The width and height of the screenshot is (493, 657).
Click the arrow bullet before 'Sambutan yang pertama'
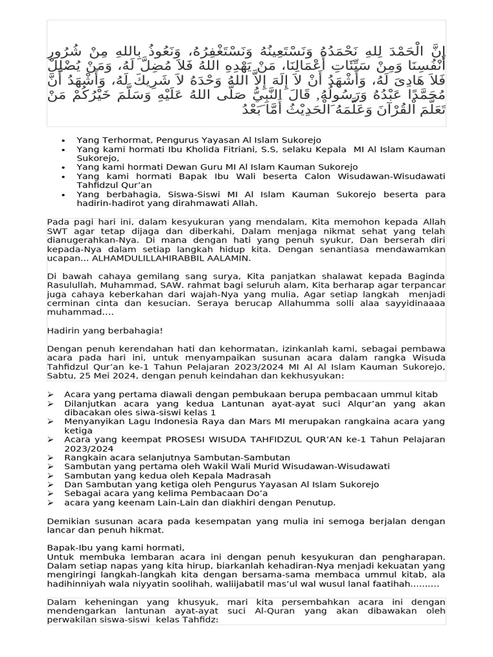pos(51,466)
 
